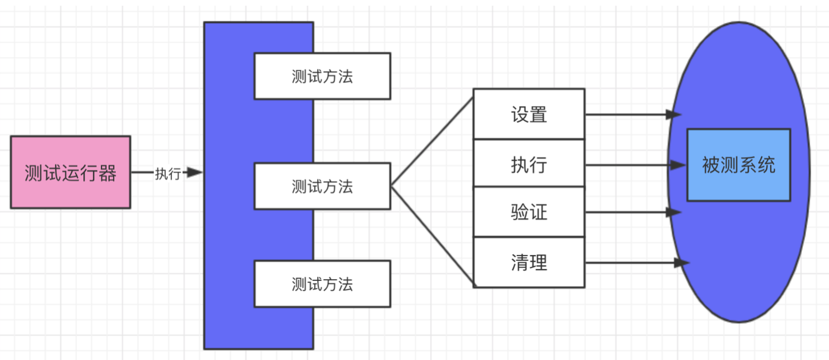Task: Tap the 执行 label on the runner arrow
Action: coord(168,174)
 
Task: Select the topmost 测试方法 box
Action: coord(322,76)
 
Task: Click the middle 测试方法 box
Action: coord(322,186)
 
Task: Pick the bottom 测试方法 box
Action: coord(322,284)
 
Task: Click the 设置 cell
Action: coord(529,114)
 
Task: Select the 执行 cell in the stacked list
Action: coord(529,164)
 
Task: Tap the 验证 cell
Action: coord(529,212)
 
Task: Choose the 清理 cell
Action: coord(529,262)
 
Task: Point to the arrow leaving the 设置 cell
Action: coord(626,114)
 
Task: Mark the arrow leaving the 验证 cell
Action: coord(626,212)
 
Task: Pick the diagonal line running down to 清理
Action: coord(432,235)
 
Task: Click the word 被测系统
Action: coord(738,165)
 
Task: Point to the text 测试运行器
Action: coord(70,173)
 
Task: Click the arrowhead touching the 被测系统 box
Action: coord(678,165)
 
